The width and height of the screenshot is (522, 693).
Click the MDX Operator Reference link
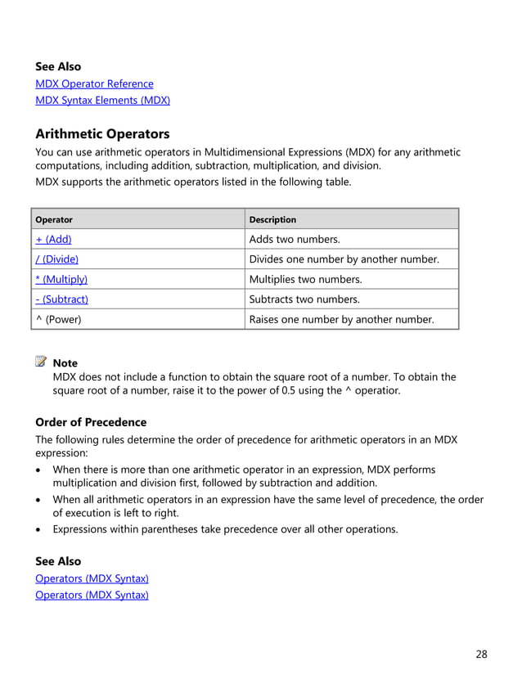pyautogui.click(x=94, y=83)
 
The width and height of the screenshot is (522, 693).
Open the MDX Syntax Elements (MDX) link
pyautogui.click(x=102, y=101)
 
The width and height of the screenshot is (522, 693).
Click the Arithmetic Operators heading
pyautogui.click(x=102, y=134)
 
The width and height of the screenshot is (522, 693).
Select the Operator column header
pyautogui.click(x=54, y=219)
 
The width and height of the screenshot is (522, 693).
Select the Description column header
pyautogui.click(x=272, y=219)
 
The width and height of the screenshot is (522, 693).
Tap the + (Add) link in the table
pyautogui.click(x=53, y=239)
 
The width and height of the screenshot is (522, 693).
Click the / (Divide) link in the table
pyautogui.click(x=56, y=259)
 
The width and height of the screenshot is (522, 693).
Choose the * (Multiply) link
pyautogui.click(x=61, y=279)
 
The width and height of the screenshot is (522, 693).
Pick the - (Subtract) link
pyautogui.click(x=61, y=299)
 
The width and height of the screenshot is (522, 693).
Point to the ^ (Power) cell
pyautogui.click(x=58, y=319)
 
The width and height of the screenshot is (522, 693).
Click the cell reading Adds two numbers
pyautogui.click(x=295, y=239)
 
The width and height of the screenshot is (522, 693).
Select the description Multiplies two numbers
pyautogui.click(x=305, y=279)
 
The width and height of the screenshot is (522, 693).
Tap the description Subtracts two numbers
pyautogui.click(x=304, y=299)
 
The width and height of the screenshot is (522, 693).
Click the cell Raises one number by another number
pyautogui.click(x=341, y=319)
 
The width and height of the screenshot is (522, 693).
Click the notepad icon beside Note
pyautogui.click(x=42, y=362)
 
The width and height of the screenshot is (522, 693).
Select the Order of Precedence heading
pyautogui.click(x=91, y=422)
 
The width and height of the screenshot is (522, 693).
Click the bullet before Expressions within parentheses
pyautogui.click(x=39, y=529)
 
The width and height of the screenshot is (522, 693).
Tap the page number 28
pyautogui.click(x=481, y=654)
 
